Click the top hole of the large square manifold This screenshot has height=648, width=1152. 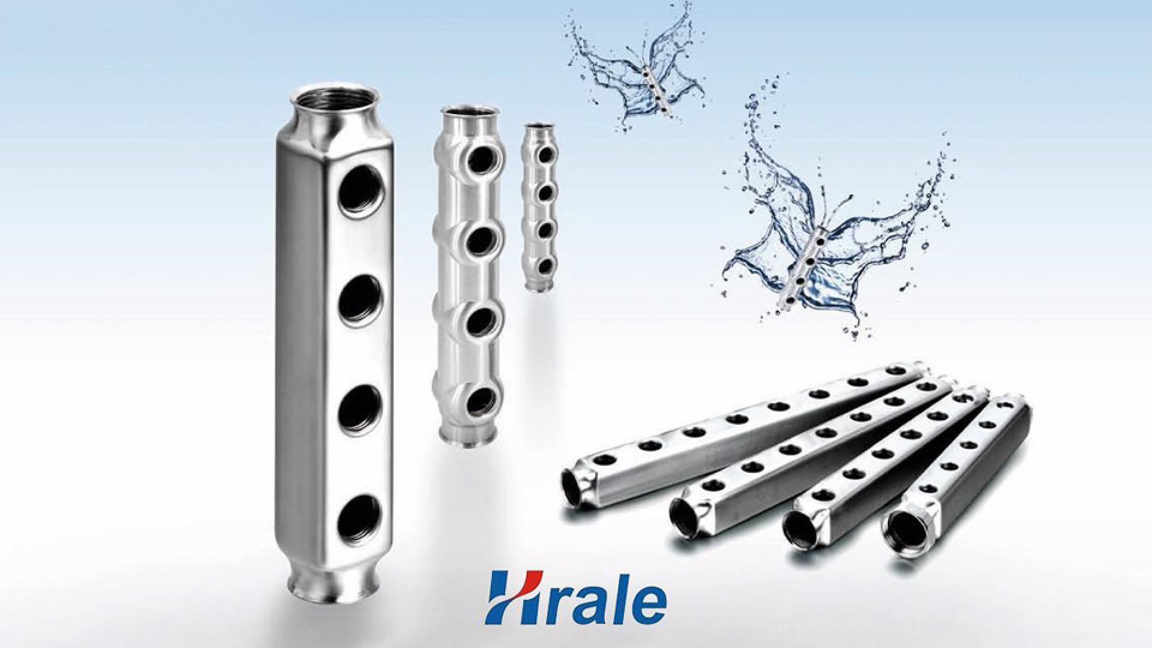coord(361,191)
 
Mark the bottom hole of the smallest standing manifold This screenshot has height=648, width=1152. coord(545,265)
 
